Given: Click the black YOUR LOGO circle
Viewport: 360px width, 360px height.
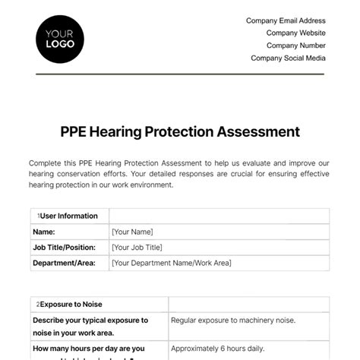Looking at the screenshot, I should click(x=60, y=39).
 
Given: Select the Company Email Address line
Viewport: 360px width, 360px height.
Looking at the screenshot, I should click(x=286, y=21).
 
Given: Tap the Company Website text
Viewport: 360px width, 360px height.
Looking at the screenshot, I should click(x=295, y=33).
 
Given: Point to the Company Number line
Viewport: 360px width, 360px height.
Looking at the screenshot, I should click(x=295, y=46).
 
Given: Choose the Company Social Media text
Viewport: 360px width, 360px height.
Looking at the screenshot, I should click(x=288, y=58).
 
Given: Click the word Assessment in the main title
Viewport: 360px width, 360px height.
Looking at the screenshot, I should click(x=257, y=131).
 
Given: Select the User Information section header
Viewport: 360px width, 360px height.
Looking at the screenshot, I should click(x=68, y=216).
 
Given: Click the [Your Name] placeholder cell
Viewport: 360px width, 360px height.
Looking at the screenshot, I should click(x=132, y=232).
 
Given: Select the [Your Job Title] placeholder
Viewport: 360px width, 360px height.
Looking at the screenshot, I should click(x=138, y=248).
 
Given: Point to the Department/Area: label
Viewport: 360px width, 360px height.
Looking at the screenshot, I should click(x=64, y=264).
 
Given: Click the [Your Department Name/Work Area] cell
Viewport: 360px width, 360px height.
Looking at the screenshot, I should click(x=171, y=264).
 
